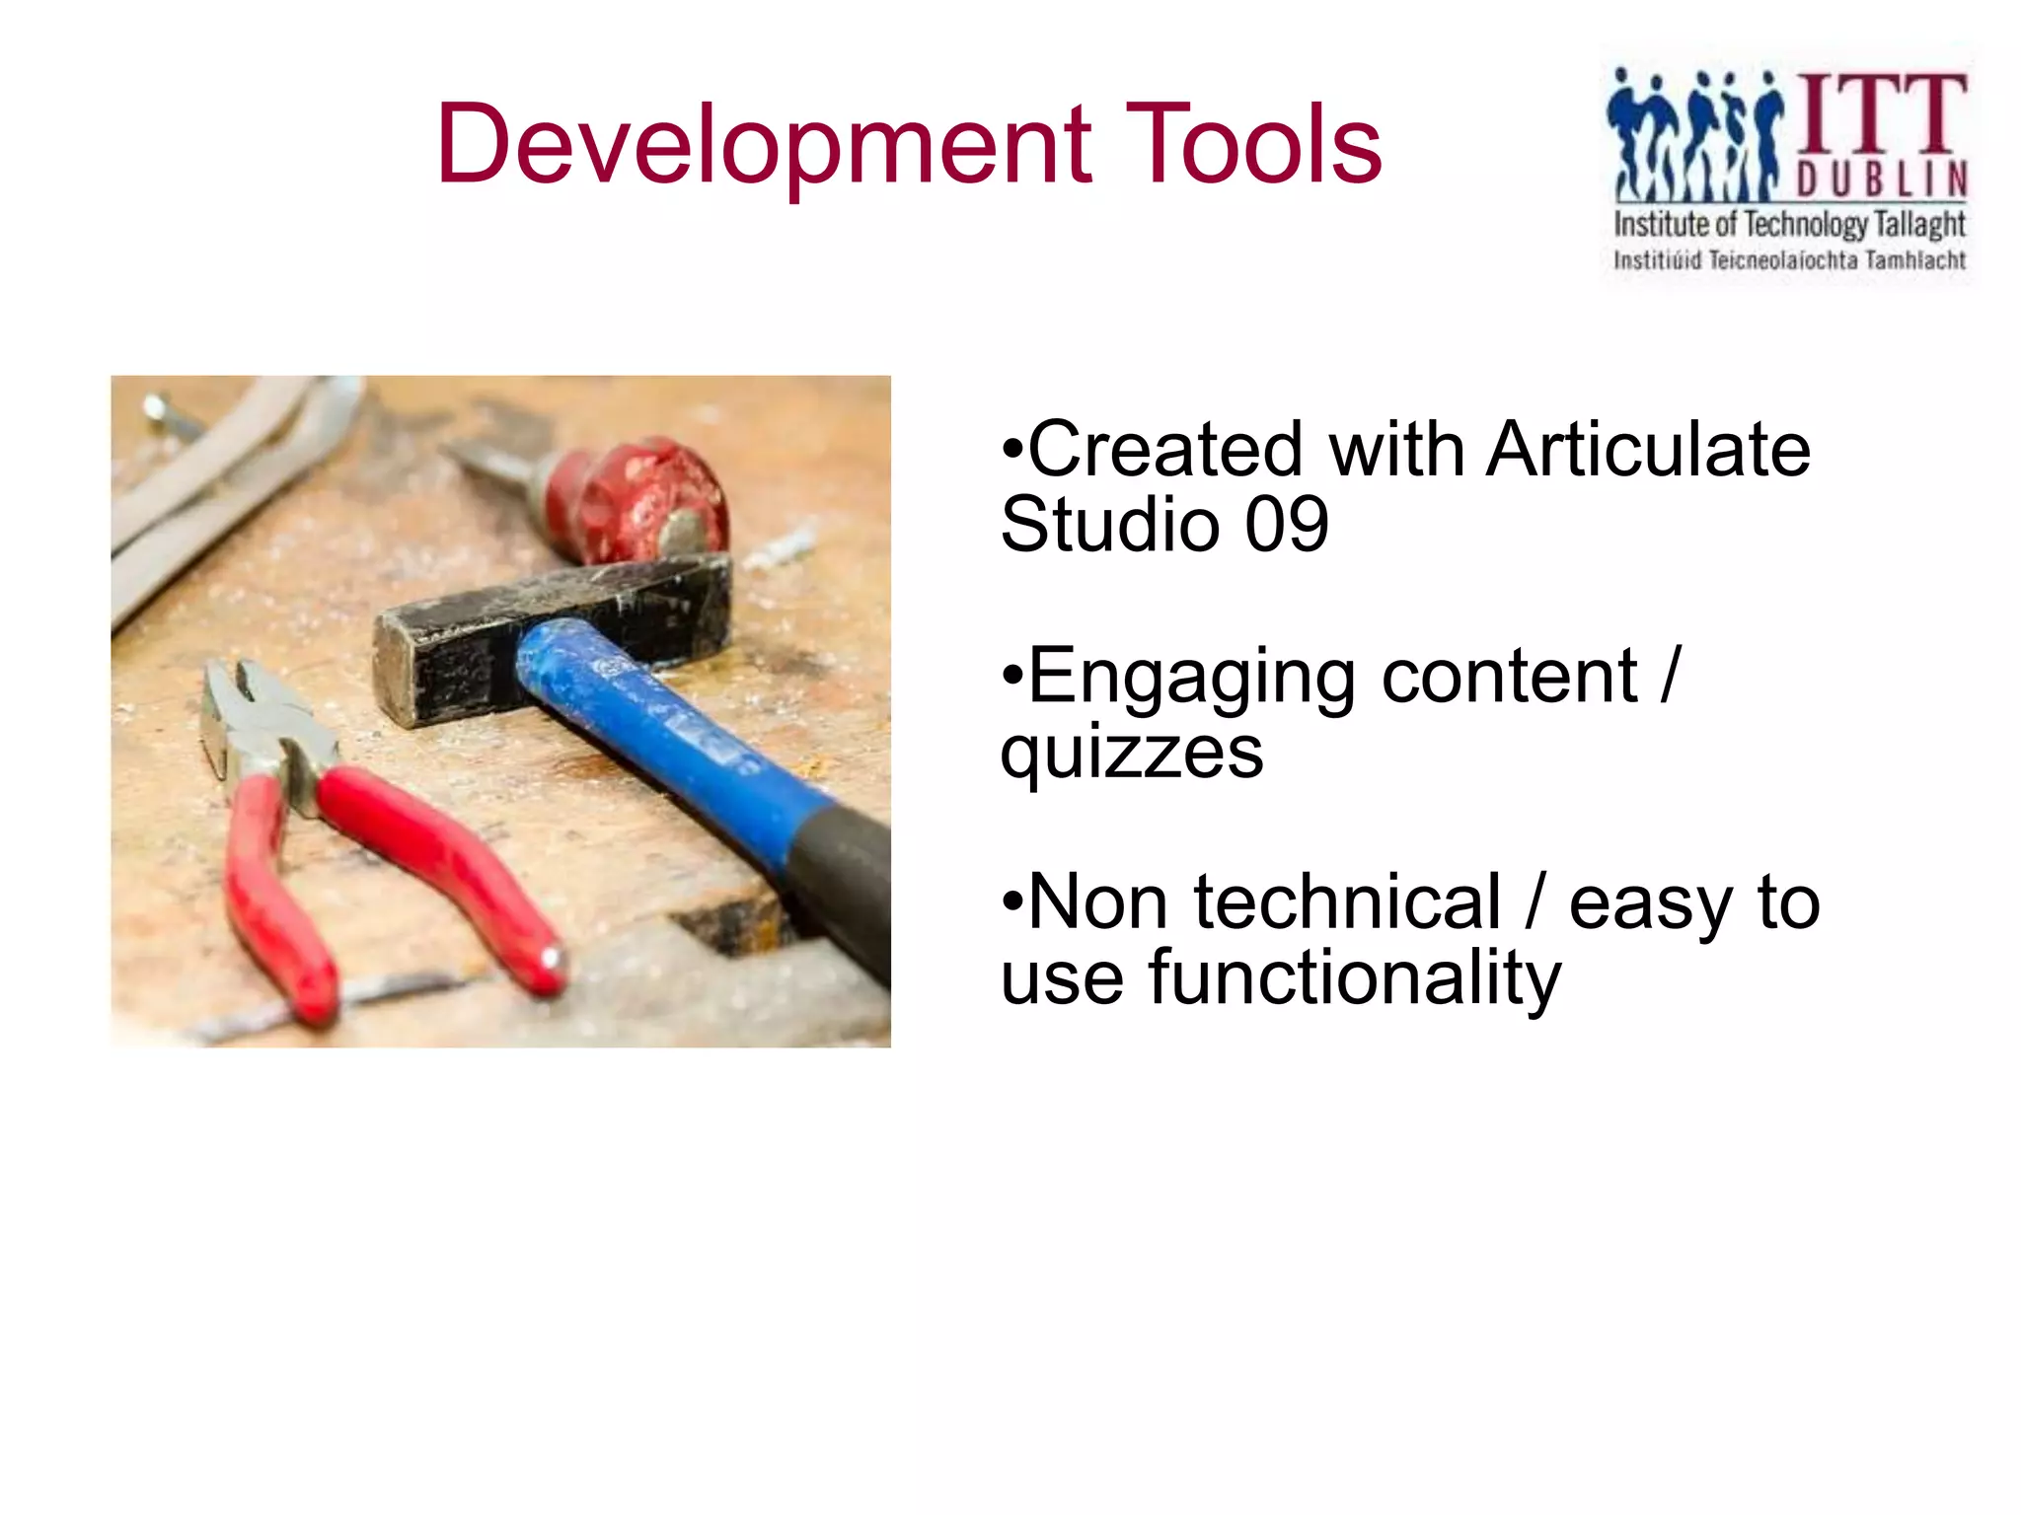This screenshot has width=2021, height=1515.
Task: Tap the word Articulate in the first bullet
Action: click(1647, 450)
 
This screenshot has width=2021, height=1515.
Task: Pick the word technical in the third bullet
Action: click(1347, 902)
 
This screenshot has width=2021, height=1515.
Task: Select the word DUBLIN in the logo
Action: click(1881, 180)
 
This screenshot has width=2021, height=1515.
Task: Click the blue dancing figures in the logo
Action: click(1693, 133)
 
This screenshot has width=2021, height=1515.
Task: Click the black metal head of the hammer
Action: click(553, 631)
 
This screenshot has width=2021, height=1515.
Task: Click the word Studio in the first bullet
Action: click(1109, 525)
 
